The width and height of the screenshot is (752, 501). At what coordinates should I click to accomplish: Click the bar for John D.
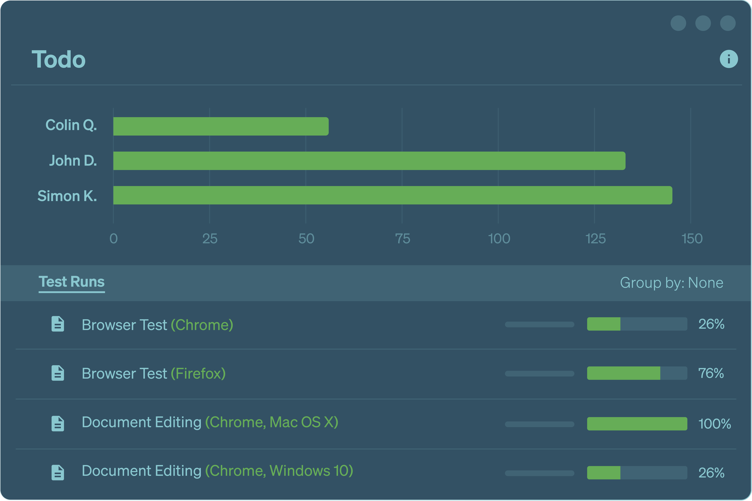click(x=369, y=161)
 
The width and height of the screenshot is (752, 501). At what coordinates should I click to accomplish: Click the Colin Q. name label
click(x=71, y=125)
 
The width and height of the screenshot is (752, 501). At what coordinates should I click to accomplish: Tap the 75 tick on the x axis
click(x=402, y=239)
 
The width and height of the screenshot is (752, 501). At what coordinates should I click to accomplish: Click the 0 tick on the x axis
click(x=114, y=239)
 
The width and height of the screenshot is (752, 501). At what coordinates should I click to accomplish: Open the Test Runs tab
click(x=72, y=282)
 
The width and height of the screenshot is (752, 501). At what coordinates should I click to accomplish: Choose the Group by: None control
click(x=671, y=283)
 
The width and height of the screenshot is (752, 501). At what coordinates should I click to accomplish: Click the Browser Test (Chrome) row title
click(x=157, y=325)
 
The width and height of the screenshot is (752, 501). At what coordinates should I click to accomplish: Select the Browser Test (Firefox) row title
click(x=154, y=373)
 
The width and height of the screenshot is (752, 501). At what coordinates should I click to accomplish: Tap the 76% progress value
click(x=711, y=373)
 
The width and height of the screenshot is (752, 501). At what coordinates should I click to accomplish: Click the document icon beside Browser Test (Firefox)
click(x=58, y=373)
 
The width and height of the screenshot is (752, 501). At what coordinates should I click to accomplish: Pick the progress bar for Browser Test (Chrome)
click(x=637, y=324)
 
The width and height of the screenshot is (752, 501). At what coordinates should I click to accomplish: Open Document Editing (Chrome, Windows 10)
click(x=217, y=471)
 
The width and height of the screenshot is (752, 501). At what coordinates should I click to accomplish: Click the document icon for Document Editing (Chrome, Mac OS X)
click(x=58, y=424)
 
